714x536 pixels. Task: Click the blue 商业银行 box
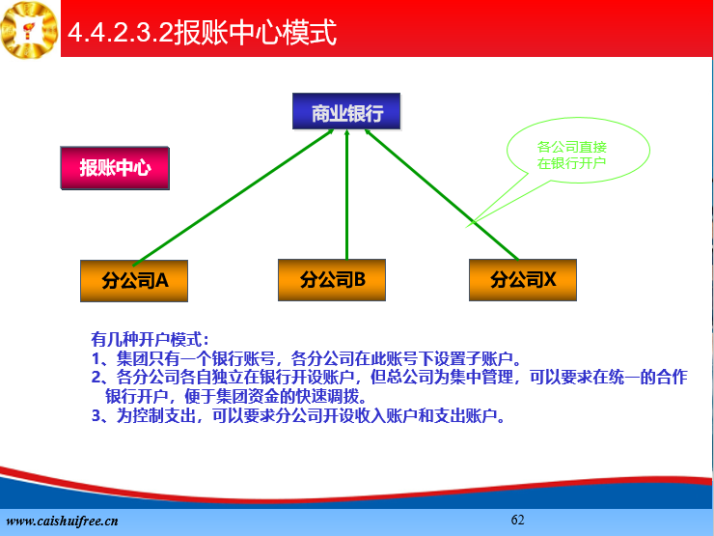click(346, 112)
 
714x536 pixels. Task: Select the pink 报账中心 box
click(115, 168)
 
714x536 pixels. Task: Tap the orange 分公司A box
click(134, 281)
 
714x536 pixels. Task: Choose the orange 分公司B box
click(332, 280)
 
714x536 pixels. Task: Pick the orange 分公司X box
click(523, 280)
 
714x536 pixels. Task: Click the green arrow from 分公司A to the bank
click(233, 197)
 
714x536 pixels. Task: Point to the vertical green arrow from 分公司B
click(347, 195)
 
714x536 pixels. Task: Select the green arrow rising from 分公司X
click(441, 195)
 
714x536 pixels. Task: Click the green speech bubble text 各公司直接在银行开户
click(572, 155)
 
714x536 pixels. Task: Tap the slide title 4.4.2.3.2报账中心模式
click(203, 32)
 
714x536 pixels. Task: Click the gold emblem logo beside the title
click(30, 30)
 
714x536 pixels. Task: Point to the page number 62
click(518, 520)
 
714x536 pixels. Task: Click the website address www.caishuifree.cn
click(62, 521)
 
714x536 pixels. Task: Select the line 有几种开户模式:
click(151, 339)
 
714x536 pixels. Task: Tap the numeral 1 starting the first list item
click(96, 358)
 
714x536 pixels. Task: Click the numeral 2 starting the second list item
click(96, 378)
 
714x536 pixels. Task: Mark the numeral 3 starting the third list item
click(96, 415)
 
